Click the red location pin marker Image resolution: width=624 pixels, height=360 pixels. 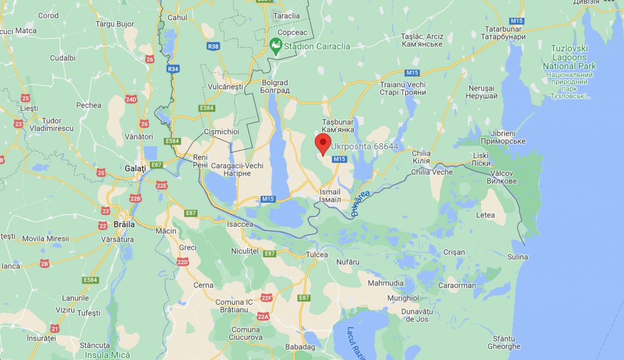coord(323,143)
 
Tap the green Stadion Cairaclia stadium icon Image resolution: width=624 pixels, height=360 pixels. coord(276,46)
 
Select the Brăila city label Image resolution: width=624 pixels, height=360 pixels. coord(124,225)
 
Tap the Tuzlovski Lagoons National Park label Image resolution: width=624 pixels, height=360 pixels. coord(569,57)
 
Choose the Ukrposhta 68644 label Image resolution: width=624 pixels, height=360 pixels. coord(365,147)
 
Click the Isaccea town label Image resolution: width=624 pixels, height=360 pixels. coord(240,224)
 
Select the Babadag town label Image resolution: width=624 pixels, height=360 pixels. coord(300,347)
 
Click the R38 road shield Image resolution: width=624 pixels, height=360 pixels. coord(213,46)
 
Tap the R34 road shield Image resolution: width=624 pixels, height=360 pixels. coord(173,69)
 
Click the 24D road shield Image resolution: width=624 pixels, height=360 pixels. coord(131,99)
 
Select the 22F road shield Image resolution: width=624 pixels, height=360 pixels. coord(267,298)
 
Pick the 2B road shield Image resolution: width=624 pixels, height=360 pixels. coord(44,264)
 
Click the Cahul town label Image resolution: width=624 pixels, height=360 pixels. coord(177,17)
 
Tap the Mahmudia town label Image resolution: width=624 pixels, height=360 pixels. coord(385,283)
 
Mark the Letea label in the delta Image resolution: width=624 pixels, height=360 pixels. coord(486,215)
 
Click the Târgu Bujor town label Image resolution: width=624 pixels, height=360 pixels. coord(115,24)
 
